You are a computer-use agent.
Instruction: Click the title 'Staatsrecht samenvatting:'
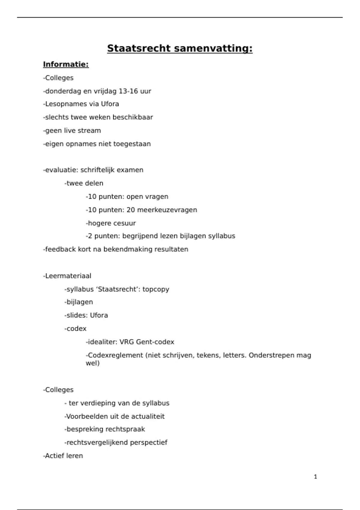(x=180, y=48)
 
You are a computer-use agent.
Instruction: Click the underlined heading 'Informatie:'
(x=66, y=64)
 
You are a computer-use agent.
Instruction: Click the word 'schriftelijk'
(x=97, y=170)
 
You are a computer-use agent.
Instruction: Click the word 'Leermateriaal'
(x=68, y=276)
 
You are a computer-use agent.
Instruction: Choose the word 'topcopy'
(x=156, y=289)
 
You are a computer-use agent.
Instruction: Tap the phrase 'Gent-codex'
(x=155, y=342)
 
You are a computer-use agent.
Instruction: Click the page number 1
(x=315, y=477)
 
